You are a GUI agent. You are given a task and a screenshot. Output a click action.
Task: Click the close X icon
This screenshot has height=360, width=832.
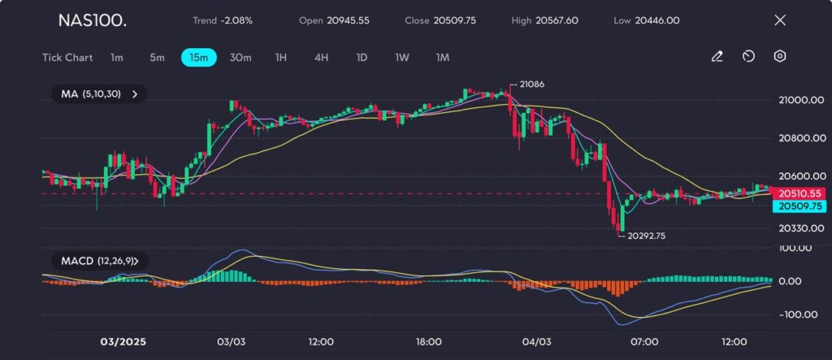(x=780, y=20)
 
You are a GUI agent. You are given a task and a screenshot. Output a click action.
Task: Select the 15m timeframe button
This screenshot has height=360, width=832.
(x=198, y=58)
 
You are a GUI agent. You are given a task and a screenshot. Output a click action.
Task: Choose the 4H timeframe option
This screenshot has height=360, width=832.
(x=321, y=58)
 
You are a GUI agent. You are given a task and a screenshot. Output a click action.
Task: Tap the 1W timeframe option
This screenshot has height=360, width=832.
(x=401, y=58)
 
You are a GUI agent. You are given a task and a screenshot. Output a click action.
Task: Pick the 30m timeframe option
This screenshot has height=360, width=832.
(x=240, y=58)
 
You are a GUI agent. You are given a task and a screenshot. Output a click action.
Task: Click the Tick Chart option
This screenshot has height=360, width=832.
(x=67, y=58)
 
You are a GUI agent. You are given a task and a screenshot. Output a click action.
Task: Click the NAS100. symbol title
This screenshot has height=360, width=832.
(x=92, y=20)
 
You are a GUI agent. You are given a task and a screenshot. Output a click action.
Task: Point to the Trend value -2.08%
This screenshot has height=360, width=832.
(x=235, y=20)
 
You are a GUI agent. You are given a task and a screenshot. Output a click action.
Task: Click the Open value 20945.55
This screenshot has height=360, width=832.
(x=348, y=20)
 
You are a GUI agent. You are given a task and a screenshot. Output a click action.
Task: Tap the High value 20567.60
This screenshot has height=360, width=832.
(x=557, y=20)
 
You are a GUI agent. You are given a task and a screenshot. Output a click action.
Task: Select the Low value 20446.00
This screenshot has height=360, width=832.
(x=658, y=20)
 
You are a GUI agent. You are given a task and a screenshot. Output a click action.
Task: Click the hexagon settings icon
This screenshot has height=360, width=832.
(x=779, y=57)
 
